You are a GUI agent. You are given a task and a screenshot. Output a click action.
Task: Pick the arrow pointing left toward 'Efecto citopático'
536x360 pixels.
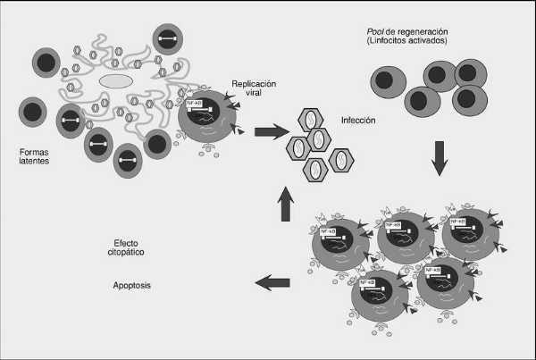[273, 283]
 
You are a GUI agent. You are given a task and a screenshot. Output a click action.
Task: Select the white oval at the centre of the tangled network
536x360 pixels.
[115, 81]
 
